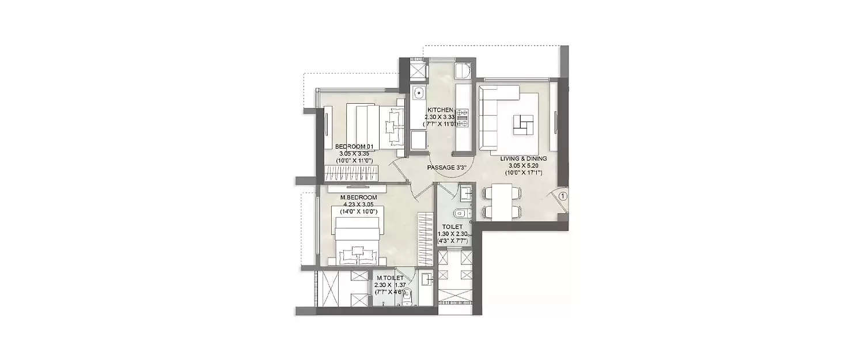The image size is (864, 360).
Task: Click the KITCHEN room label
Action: (x=440, y=109)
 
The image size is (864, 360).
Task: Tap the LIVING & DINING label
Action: (x=523, y=158)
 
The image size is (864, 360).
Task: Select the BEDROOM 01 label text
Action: (x=355, y=146)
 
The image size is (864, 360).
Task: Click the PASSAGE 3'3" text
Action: (x=446, y=168)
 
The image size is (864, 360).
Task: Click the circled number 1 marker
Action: (x=563, y=196)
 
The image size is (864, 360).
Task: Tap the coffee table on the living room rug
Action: (x=524, y=124)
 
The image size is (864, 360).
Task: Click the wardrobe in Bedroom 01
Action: (x=352, y=172)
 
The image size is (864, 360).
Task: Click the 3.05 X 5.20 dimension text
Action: (x=523, y=165)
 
